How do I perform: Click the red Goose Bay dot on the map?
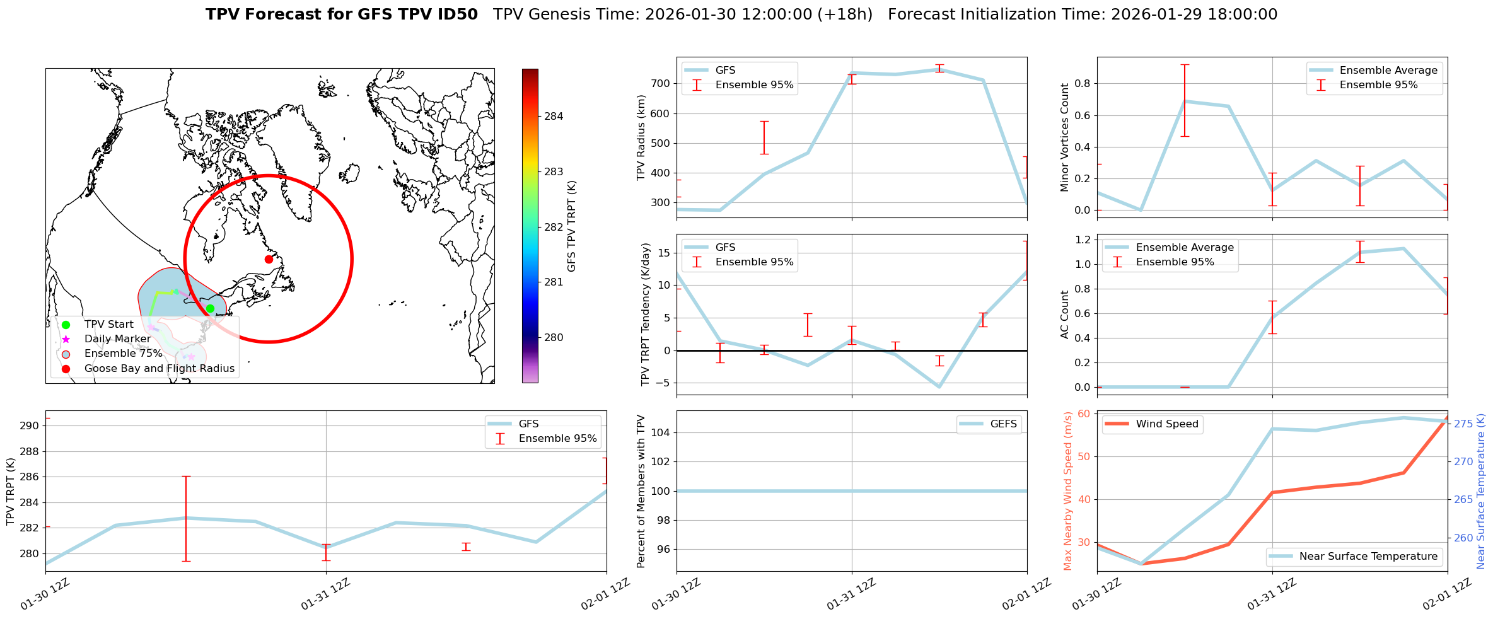tap(269, 259)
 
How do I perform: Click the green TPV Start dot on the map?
tap(210, 308)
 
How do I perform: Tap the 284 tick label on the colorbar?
tap(554, 116)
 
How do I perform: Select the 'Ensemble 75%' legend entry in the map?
tap(123, 354)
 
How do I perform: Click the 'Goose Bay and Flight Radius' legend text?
tap(159, 368)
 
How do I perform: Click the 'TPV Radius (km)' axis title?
tap(641, 137)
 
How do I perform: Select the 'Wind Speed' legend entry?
tap(1166, 424)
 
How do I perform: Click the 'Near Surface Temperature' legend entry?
tap(1368, 557)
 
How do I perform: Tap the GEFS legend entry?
tap(1003, 424)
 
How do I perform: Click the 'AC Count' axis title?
tap(1065, 315)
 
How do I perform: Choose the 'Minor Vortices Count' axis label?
tap(1065, 137)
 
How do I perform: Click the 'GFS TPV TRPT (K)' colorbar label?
tap(572, 226)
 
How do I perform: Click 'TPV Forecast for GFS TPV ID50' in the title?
tap(342, 14)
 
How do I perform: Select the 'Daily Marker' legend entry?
tap(117, 339)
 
